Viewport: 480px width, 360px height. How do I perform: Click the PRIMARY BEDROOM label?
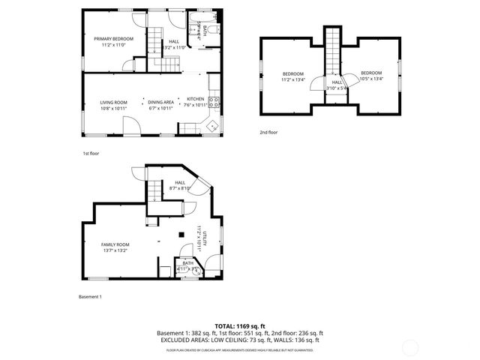113,38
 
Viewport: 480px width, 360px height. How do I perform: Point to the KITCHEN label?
195,99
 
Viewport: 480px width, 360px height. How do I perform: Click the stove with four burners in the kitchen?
213,103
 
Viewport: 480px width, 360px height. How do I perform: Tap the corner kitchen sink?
213,124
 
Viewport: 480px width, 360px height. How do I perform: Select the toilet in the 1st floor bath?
213,31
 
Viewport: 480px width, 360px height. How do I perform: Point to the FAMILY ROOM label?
115,244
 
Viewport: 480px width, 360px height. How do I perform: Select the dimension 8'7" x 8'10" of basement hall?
180,189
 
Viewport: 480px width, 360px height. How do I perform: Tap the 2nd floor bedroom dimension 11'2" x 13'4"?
293,79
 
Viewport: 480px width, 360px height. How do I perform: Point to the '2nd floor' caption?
268,132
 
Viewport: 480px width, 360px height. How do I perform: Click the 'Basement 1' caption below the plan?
90,297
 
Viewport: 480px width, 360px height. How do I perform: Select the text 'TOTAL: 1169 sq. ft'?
239,326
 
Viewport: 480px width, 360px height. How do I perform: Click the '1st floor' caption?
91,153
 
